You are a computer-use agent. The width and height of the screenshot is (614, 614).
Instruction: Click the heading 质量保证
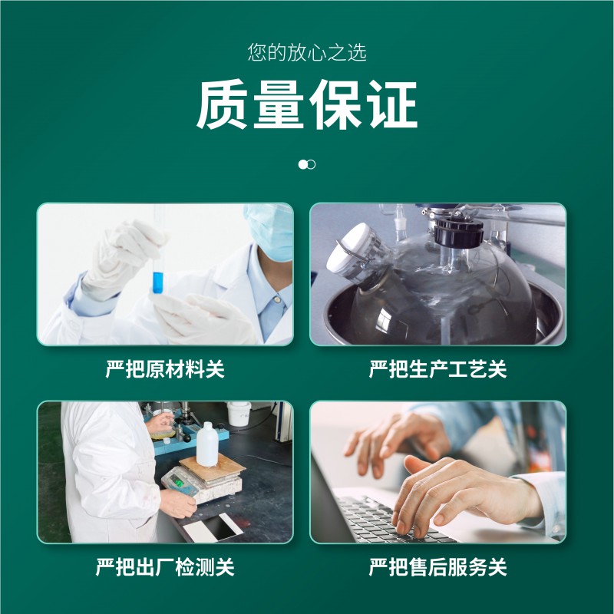point(307,104)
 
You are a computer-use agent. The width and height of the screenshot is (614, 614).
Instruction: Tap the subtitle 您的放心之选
point(307,52)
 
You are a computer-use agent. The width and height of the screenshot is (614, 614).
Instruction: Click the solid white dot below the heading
point(302,164)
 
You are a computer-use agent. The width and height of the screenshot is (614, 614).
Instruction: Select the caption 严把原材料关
point(165,369)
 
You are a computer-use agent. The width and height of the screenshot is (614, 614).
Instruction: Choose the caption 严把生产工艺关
point(437,369)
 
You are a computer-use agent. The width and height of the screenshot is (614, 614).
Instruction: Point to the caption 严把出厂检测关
point(165,566)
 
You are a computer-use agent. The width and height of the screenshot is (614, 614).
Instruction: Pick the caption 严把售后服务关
point(437,566)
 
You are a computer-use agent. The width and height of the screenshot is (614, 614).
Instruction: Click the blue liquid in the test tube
point(157,282)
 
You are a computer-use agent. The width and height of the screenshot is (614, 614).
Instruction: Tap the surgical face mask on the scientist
point(270,231)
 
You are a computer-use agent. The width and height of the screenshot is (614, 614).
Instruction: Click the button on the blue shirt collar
point(277,299)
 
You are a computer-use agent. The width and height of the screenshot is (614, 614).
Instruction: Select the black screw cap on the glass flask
point(458,233)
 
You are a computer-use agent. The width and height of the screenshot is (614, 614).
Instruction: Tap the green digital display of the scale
point(178,481)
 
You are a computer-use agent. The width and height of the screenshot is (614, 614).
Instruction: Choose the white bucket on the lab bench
point(239,414)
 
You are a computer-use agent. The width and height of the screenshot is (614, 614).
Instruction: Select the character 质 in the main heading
point(222,104)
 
